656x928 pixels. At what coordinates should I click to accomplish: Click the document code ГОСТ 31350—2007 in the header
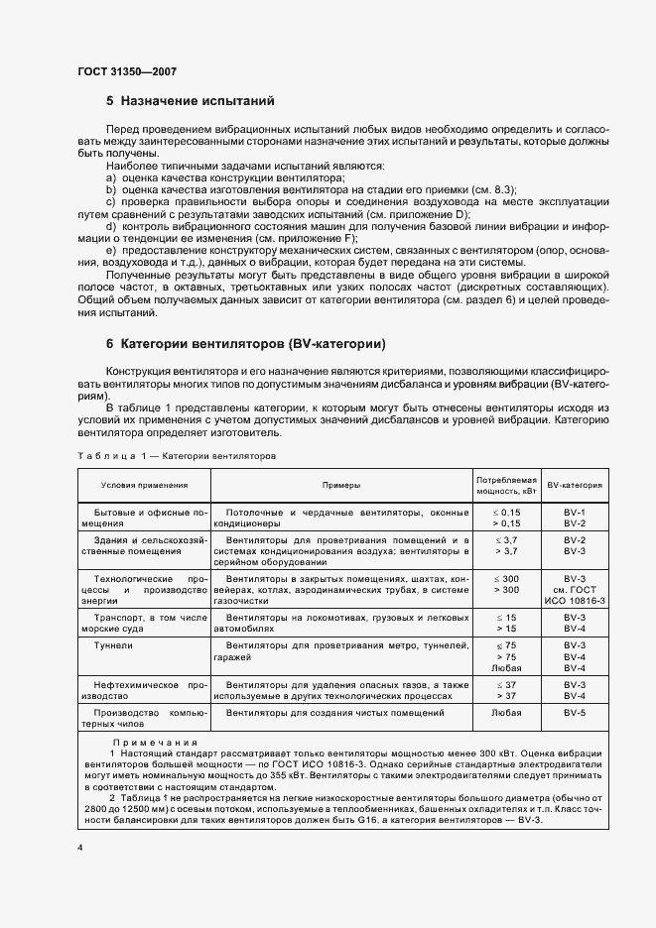(x=127, y=71)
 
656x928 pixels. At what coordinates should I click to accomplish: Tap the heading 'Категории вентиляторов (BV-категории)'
(x=253, y=345)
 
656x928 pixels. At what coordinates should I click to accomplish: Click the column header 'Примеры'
(x=340, y=485)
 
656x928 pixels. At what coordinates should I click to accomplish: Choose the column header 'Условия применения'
(x=144, y=485)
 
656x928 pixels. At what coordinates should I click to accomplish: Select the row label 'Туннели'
(x=110, y=645)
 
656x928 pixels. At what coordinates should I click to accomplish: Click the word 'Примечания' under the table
(x=155, y=743)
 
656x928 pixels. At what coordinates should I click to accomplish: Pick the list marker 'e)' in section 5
(x=112, y=252)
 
